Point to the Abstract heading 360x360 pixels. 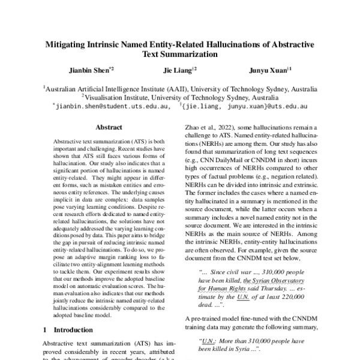click(109, 128)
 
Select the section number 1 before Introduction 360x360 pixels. click(46, 329)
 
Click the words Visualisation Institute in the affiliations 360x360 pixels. click(115, 95)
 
